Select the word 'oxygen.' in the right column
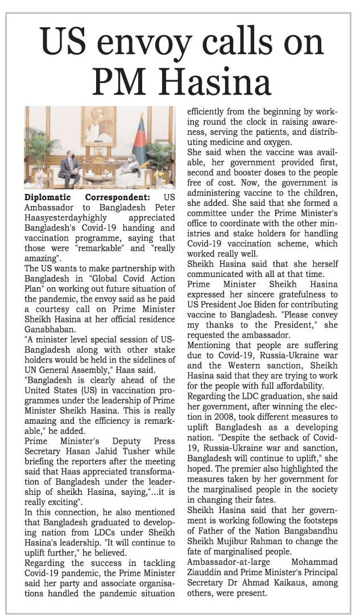[x=275, y=142]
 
